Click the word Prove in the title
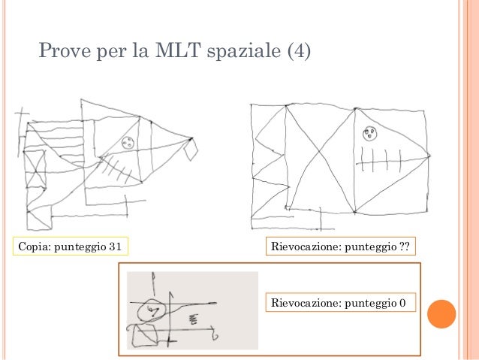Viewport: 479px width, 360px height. click(65, 53)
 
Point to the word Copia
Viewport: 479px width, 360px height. click(34, 246)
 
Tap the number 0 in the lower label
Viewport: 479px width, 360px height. click(403, 303)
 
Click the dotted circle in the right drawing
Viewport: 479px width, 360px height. click(369, 135)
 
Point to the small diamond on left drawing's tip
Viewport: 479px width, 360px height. click(192, 150)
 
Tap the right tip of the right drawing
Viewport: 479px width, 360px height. click(429, 156)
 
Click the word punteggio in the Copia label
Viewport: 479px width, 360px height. click(79, 246)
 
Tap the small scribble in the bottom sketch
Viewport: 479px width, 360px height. click(191, 319)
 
